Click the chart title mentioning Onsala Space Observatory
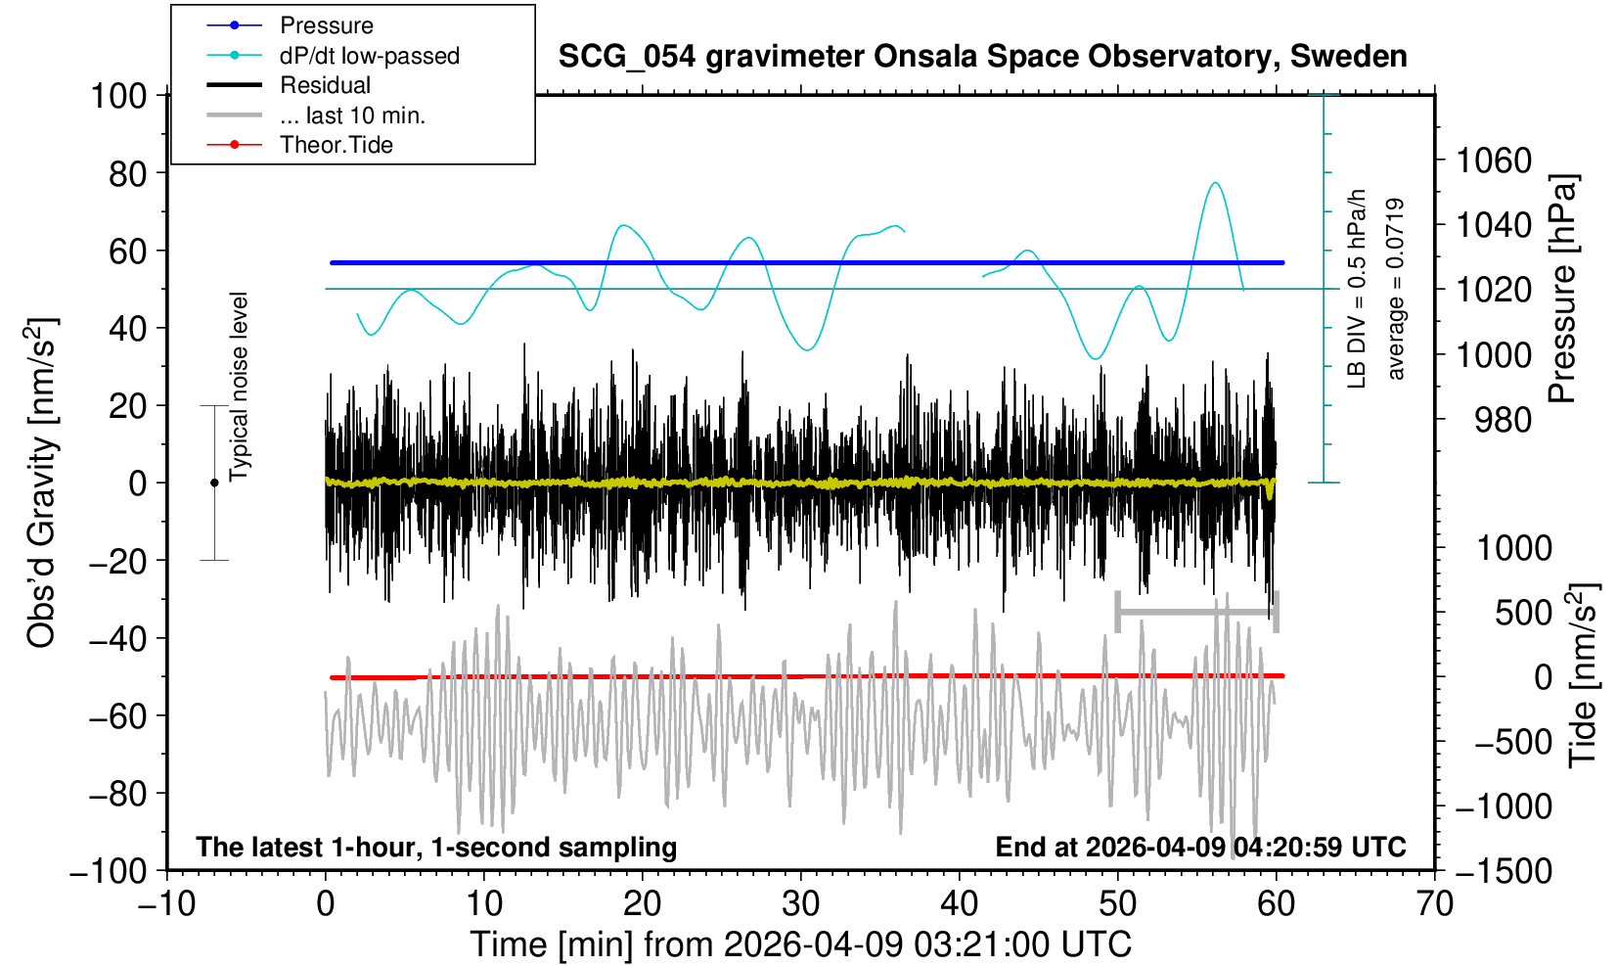[x=982, y=57]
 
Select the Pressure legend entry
[x=326, y=25]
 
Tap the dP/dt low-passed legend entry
[x=369, y=56]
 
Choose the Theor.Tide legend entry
[x=336, y=145]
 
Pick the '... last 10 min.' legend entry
[x=352, y=115]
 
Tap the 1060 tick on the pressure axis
[x=1494, y=160]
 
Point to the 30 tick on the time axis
[x=801, y=903]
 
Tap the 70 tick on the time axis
[x=1434, y=903]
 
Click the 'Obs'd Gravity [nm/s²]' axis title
[x=42, y=483]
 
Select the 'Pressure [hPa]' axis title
[x=1563, y=289]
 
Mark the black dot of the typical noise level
[x=214, y=483]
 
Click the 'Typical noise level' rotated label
[x=239, y=387]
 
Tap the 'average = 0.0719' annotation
[x=1396, y=289]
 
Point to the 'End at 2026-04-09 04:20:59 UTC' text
[x=1200, y=847]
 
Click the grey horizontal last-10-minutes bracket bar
[x=1197, y=612]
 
